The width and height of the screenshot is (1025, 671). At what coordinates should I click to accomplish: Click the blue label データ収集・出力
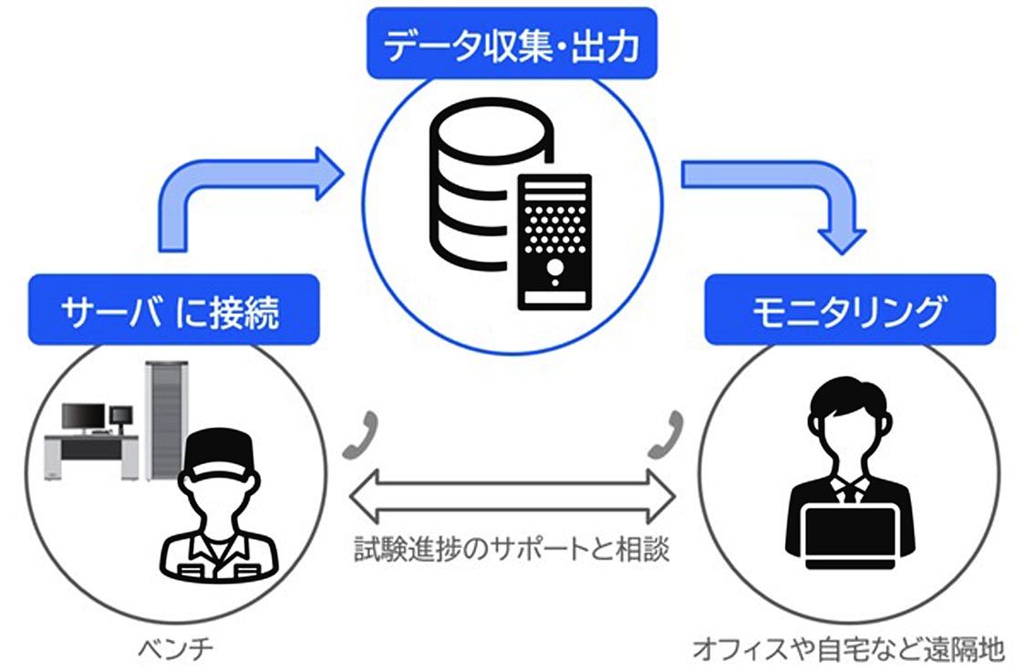(512, 43)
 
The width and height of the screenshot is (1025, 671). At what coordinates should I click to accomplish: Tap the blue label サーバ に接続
(173, 310)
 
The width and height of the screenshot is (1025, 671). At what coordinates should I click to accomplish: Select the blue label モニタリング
(849, 310)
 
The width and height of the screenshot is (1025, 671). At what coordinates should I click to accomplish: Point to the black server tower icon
(554, 241)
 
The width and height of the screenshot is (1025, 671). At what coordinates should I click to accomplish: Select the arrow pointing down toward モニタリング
(784, 196)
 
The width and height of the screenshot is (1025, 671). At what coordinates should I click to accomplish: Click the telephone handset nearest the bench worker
(361, 437)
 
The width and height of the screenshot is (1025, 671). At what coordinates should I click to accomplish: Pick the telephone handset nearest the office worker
(664, 437)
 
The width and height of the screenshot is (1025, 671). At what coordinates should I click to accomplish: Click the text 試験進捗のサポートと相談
(512, 551)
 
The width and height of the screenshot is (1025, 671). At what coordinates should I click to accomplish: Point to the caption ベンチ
(173, 650)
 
